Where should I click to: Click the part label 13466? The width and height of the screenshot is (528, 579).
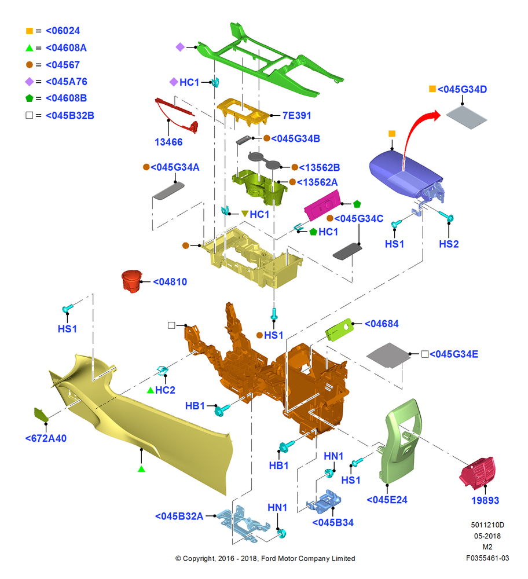(168, 142)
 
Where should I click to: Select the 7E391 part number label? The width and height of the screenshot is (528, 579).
(296, 116)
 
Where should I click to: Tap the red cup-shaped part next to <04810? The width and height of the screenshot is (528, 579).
(131, 281)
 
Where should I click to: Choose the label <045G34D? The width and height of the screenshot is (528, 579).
(462, 89)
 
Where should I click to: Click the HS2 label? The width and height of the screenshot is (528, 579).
(449, 244)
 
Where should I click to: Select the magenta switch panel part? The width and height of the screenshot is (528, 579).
(322, 206)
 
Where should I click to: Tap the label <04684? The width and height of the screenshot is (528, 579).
(382, 324)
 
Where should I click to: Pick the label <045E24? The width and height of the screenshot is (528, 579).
(387, 500)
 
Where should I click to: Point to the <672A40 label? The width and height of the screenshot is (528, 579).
(46, 438)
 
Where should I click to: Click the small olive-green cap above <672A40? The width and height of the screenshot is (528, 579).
(41, 415)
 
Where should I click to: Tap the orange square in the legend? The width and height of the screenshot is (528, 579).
(30, 31)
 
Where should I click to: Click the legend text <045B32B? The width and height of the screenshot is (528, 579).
(70, 116)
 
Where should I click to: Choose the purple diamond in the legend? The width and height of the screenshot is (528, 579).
(30, 82)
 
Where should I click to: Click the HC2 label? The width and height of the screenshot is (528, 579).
(165, 390)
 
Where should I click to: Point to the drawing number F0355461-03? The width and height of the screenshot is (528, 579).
(487, 558)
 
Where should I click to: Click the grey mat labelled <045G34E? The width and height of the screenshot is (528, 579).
(388, 356)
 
